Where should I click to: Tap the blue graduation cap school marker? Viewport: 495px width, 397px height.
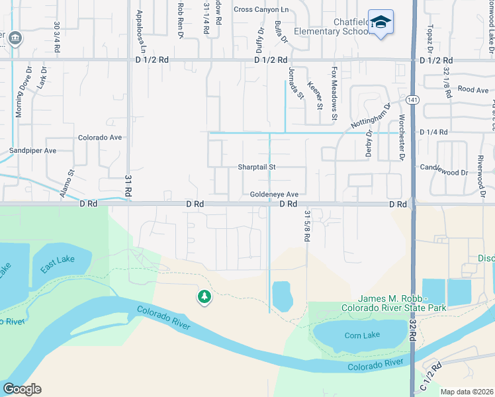[x=381, y=22]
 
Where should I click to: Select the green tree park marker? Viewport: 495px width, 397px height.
[x=204, y=298]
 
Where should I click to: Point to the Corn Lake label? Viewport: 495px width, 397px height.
[x=362, y=335]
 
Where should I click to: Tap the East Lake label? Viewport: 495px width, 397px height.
[x=57, y=263]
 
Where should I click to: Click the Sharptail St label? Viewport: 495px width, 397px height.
[x=256, y=167]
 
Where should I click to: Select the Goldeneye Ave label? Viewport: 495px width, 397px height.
[x=275, y=195]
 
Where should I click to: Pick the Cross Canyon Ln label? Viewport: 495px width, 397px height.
[x=261, y=9]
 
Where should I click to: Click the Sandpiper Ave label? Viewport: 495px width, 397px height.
[x=32, y=151]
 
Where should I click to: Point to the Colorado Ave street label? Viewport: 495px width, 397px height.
[x=100, y=138]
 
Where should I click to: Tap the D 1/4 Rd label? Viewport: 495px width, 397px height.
[x=433, y=132]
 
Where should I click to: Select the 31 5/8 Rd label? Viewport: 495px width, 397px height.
[x=307, y=226]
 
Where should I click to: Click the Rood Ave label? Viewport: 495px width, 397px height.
[x=472, y=89]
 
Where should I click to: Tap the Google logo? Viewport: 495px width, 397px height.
[x=22, y=389]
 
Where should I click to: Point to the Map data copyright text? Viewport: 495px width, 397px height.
[x=467, y=392]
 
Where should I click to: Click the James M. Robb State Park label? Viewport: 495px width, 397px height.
[x=393, y=304]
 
